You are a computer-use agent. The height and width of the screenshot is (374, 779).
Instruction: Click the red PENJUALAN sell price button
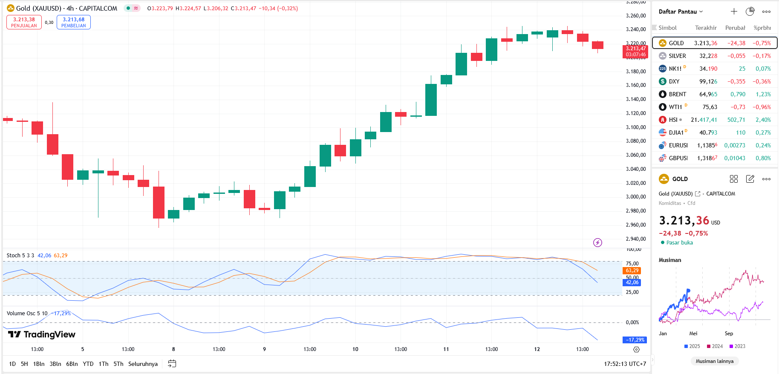[24, 22]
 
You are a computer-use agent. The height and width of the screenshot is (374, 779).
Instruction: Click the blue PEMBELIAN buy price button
[73, 22]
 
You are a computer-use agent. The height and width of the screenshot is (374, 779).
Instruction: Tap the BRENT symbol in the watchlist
[677, 94]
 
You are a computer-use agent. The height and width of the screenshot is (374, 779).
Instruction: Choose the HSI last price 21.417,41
[704, 120]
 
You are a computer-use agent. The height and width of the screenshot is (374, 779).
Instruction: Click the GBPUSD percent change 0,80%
[763, 158]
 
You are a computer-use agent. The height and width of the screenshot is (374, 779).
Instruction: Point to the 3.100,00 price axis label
[635, 127]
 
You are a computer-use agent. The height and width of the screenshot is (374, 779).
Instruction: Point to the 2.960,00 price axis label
[635, 224]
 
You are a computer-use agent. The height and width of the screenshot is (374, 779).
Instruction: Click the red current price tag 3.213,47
[635, 52]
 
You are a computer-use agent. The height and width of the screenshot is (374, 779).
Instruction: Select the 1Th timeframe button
[104, 364]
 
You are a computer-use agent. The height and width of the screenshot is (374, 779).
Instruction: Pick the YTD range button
[88, 364]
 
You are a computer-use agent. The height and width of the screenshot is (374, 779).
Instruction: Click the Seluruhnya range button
[143, 364]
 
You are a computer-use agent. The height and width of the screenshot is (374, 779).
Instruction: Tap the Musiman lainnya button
[715, 361]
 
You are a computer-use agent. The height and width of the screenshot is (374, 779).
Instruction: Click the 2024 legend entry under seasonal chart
[715, 346]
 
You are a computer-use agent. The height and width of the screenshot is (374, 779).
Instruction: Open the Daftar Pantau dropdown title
[681, 12]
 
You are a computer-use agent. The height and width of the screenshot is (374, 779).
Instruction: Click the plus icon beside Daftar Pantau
[734, 12]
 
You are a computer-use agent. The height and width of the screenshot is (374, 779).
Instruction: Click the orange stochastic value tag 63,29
[632, 270]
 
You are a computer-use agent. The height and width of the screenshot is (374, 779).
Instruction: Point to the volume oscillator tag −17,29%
[635, 340]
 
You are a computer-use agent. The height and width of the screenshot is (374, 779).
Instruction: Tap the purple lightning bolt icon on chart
[597, 242]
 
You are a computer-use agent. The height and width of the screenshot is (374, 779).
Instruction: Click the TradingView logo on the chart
[42, 334]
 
